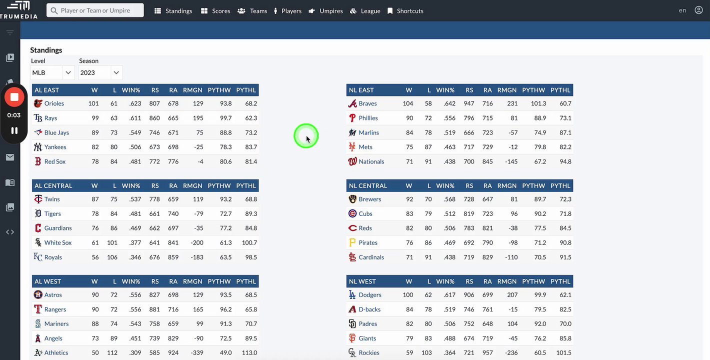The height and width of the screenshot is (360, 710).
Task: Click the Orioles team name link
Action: point(54,103)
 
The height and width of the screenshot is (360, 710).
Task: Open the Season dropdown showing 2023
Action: point(100,72)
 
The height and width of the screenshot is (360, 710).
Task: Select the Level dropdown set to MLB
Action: point(52,72)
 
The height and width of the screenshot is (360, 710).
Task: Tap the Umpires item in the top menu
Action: point(326,11)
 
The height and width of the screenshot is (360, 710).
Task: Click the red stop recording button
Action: point(14,97)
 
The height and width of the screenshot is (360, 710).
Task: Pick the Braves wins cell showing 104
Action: point(408,103)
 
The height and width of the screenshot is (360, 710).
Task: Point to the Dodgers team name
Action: point(370,295)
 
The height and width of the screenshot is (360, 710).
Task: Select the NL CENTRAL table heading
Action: point(368,185)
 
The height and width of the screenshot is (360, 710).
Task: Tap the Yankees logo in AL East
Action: point(38,147)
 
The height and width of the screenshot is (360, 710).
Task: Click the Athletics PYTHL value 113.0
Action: point(249,352)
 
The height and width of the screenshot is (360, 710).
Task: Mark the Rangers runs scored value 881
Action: point(154,309)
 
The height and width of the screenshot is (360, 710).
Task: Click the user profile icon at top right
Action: point(698,10)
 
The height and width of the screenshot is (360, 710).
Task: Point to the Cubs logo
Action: point(352,213)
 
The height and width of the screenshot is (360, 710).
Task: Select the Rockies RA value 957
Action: point(487,352)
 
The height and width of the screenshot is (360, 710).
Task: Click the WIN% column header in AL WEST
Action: point(131,281)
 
